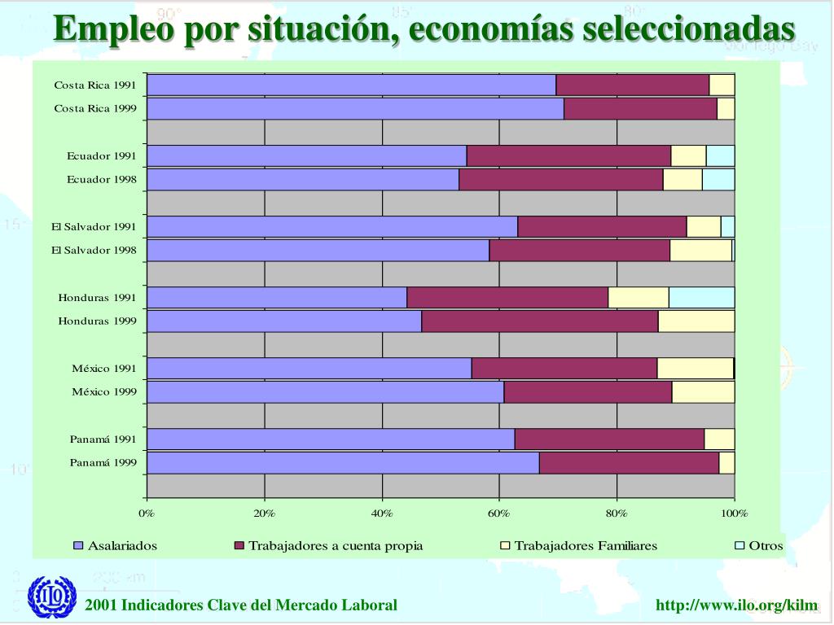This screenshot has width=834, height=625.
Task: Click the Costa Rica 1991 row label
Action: point(95,85)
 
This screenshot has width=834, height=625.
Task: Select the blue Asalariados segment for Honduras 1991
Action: point(277,298)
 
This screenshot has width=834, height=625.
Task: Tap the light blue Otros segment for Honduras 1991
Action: point(701,298)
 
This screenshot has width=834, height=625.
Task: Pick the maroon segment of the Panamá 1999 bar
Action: point(629,463)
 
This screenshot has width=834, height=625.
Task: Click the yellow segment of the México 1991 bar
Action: point(695,369)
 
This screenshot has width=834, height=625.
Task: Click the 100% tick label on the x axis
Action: point(734,513)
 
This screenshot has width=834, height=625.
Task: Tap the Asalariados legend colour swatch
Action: point(79,546)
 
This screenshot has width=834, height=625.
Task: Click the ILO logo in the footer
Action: point(52,598)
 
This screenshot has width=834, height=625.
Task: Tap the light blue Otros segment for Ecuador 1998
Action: point(718,180)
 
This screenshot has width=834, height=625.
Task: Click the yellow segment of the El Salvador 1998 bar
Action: point(700,251)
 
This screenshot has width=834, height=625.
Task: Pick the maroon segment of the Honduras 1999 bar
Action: point(539,321)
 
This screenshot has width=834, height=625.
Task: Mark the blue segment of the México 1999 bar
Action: point(325,392)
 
